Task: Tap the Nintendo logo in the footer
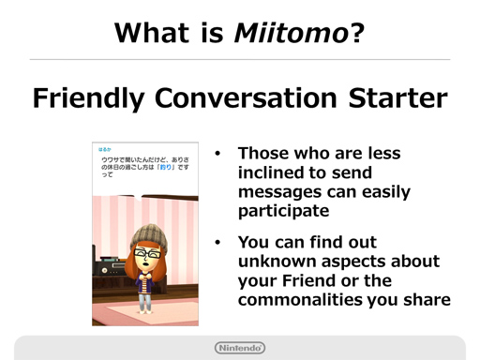coord(240,348)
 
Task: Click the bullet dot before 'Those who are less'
coord(217,153)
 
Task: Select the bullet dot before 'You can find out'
coord(217,241)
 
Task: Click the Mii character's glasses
coord(145,254)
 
